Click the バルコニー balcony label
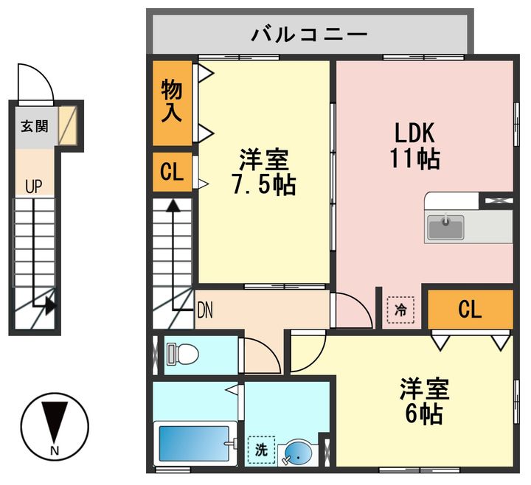coord(309,35)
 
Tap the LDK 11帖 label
coord(417,146)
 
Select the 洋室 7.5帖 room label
coord(263,172)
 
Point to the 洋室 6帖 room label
coord(423,401)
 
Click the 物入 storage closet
coord(172,102)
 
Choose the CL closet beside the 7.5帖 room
coord(172,173)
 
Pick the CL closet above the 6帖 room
coord(470,310)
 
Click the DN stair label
coord(204,310)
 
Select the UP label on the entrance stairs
coord(32,186)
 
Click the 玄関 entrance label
coord(34,126)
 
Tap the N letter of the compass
coord(55,450)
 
